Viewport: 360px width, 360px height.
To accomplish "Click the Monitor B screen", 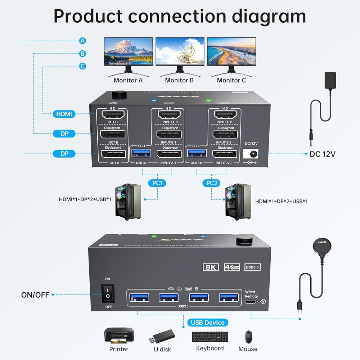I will point(180,51).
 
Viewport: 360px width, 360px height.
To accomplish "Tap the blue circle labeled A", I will point(82,41).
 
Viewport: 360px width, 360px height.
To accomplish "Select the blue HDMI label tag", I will point(64,114).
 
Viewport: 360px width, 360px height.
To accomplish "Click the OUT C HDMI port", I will point(112,115).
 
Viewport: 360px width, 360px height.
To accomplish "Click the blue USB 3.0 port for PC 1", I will point(139,154).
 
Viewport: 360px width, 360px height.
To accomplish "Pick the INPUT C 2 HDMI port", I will point(225,115).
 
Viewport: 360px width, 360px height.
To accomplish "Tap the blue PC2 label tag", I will point(212,183).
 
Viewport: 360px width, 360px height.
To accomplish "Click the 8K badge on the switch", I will point(211,267).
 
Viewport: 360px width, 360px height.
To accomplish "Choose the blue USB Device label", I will point(208,322).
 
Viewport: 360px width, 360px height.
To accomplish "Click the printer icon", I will point(119,335).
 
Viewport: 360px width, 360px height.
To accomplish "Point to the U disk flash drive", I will point(162,336).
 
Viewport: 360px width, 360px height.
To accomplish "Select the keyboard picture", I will point(210,336).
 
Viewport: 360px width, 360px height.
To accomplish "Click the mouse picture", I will point(248,337).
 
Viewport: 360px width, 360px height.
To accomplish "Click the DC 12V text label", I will point(323,154).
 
